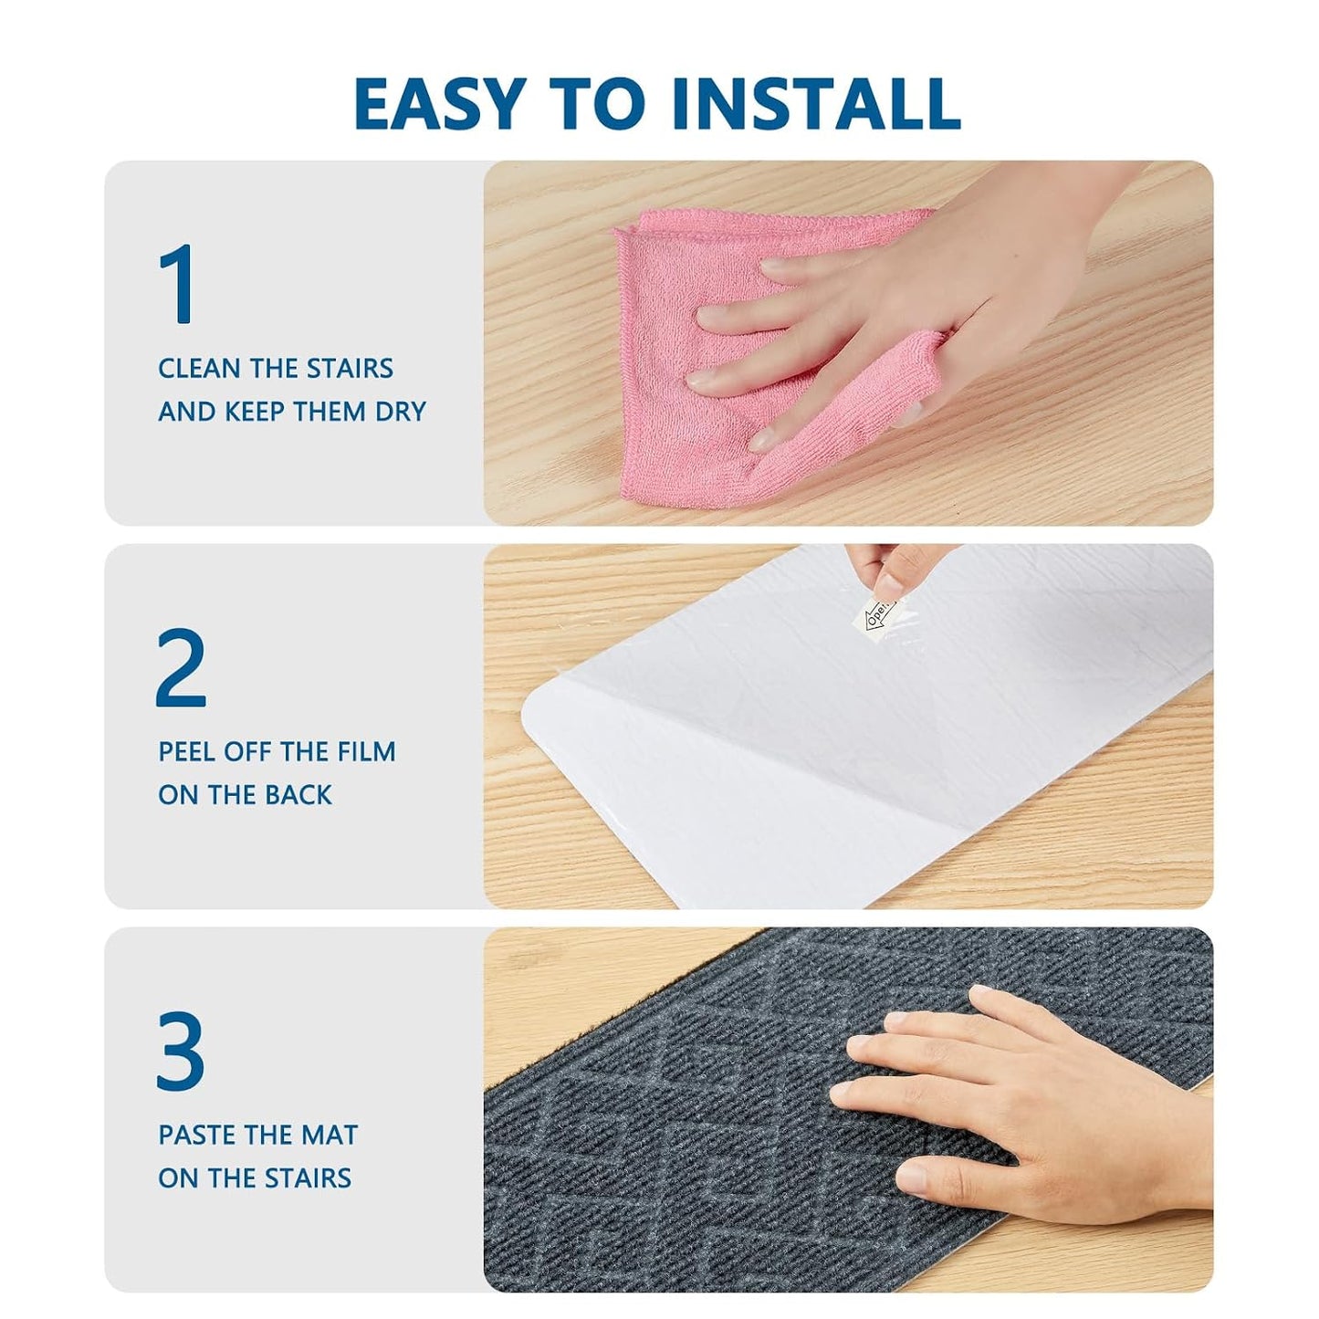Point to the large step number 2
click(181, 666)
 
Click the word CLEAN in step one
click(199, 368)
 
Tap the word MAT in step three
click(331, 1135)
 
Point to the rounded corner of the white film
click(530, 712)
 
